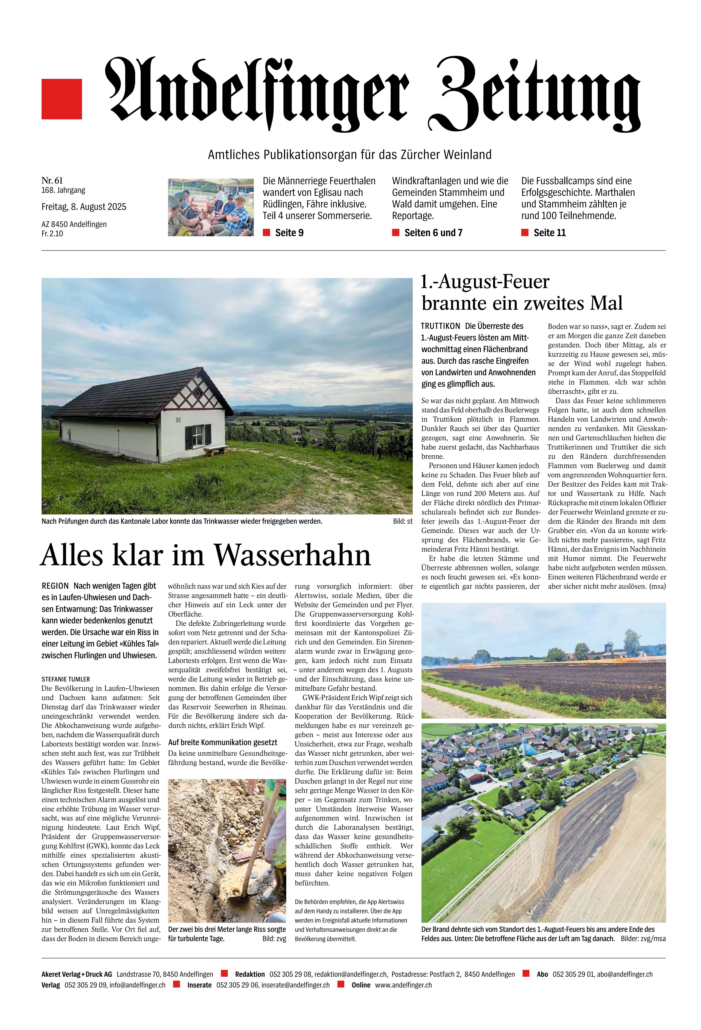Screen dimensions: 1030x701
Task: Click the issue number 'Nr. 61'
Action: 52,180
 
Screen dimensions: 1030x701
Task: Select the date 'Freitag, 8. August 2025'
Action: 84,207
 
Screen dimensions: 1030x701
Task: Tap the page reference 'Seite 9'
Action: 289,233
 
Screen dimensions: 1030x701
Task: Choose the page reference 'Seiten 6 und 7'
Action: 433,233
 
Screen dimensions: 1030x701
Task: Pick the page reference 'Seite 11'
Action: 549,233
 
